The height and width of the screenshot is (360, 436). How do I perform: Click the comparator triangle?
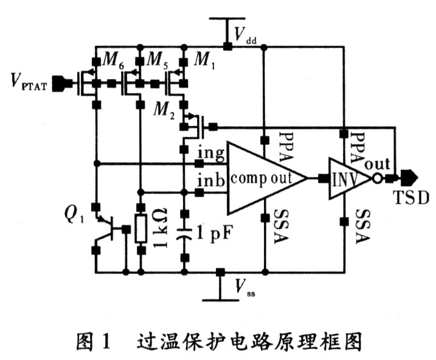pyautogui.click(x=265, y=178)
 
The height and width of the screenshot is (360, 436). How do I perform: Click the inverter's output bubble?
pyautogui.click(x=377, y=179)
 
